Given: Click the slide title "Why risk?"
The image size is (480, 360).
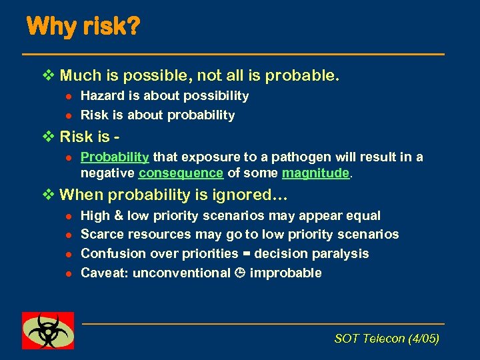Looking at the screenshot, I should pos(83,27).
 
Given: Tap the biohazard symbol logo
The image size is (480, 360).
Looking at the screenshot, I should pos(48,330).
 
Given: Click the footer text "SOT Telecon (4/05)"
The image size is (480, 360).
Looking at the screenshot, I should pos(387,339).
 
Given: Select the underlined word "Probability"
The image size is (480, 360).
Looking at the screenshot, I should pos(114,157).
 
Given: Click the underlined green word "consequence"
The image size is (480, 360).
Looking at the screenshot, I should pos(181,173).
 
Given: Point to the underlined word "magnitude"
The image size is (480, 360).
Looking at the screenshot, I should pos(316,173).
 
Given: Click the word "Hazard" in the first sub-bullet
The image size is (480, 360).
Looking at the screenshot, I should pos(101,96).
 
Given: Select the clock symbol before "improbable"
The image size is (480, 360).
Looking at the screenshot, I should pos(239,273).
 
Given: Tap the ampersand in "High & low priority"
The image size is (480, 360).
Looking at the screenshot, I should pos(119,216).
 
